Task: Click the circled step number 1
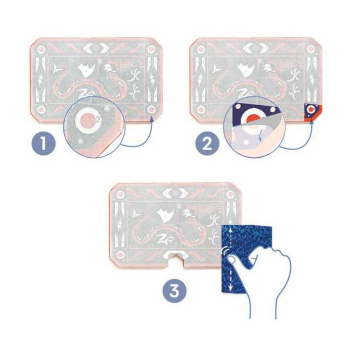pyautogui.click(x=43, y=145)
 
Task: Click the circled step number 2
pyautogui.click(x=207, y=145)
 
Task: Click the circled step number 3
pyautogui.click(x=174, y=291)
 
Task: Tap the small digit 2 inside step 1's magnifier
pyautogui.click(x=98, y=119)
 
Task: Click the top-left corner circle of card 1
pyautogui.click(x=41, y=49)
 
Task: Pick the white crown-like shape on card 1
pyautogui.click(x=86, y=69)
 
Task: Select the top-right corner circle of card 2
pyautogui.click(x=310, y=49)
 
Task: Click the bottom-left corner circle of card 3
pyautogui.click(x=120, y=254)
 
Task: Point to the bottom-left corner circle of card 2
pyautogui.click(x=201, y=110)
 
